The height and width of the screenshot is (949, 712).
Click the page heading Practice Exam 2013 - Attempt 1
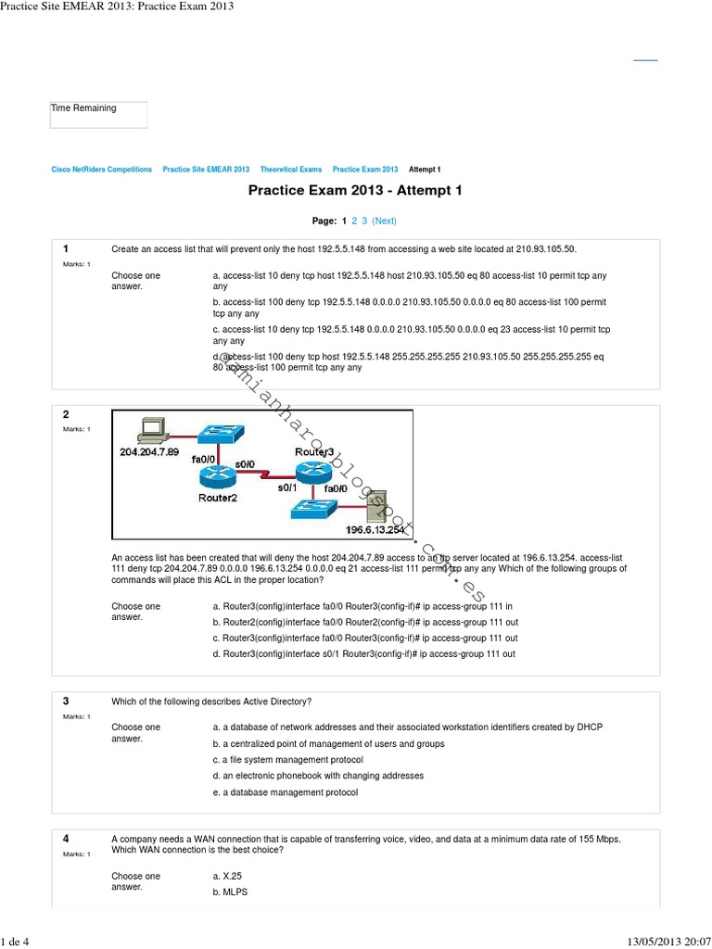click(x=355, y=191)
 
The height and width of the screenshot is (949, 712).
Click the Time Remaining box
click(x=98, y=115)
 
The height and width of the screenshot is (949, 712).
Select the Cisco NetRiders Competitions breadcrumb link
click(x=101, y=170)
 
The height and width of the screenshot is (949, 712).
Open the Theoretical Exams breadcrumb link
click(x=291, y=170)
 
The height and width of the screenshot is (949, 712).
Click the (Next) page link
click(x=384, y=221)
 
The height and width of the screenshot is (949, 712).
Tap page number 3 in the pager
click(x=365, y=221)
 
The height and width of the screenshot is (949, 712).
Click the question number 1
click(x=66, y=249)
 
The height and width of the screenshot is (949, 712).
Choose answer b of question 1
click(x=409, y=308)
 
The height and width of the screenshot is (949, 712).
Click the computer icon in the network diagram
click(x=150, y=430)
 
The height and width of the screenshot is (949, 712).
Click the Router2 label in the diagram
click(x=218, y=497)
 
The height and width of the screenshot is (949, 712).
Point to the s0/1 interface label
click(x=288, y=487)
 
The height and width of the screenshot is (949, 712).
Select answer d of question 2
click(x=364, y=653)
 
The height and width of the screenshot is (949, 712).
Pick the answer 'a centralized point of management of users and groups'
click(x=328, y=743)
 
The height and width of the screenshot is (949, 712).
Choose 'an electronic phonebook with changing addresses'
click(x=318, y=776)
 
